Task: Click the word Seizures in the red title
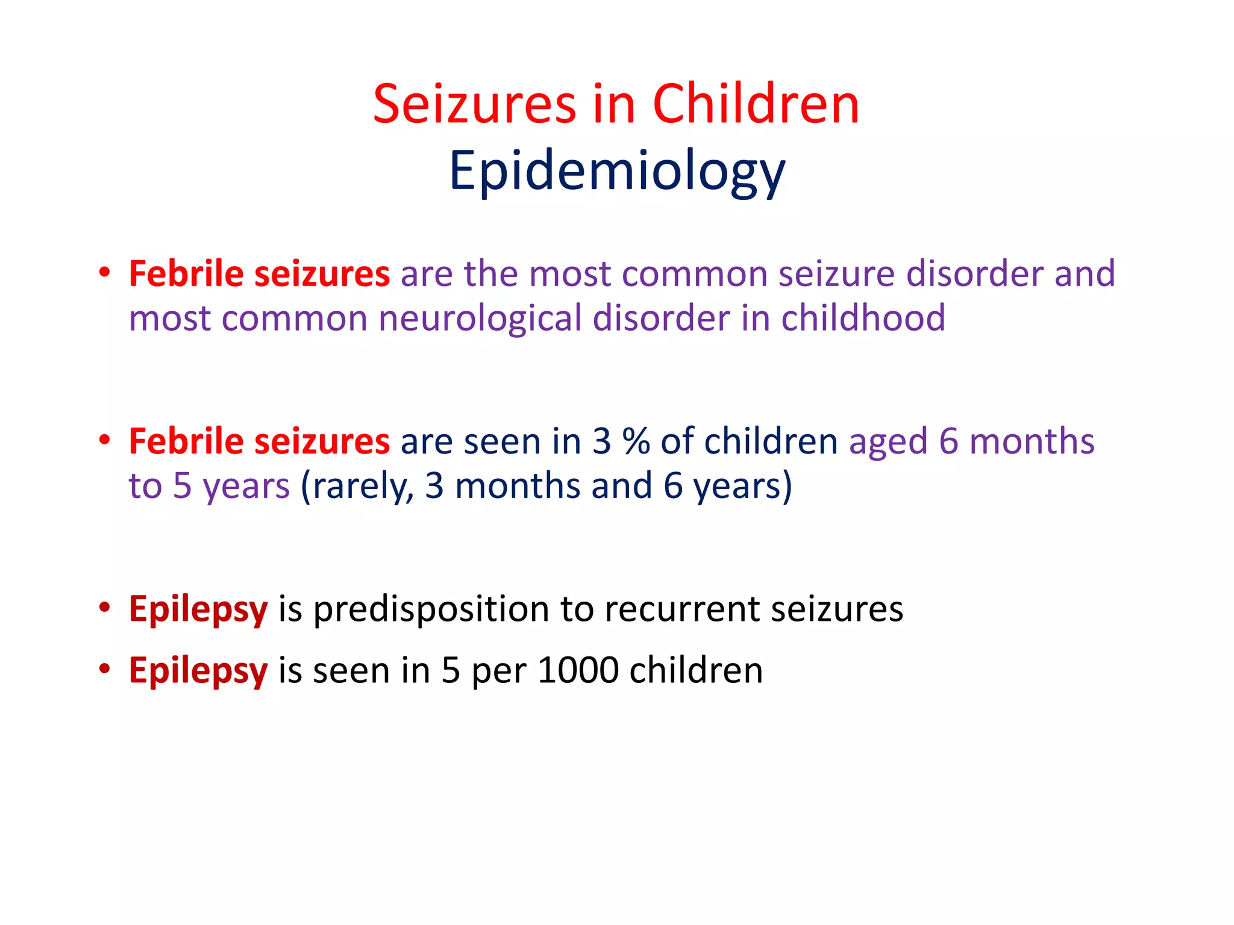(x=474, y=105)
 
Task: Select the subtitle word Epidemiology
(x=616, y=171)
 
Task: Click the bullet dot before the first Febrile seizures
(x=105, y=272)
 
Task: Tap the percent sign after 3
(x=636, y=441)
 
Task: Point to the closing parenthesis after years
(x=786, y=487)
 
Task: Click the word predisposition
(x=431, y=609)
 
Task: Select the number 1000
(x=578, y=670)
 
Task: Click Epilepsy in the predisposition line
(x=198, y=610)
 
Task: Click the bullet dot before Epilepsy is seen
(x=105, y=668)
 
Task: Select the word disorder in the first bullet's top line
(x=974, y=273)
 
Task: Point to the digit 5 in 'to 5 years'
(x=182, y=486)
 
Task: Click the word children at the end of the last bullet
(x=696, y=670)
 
